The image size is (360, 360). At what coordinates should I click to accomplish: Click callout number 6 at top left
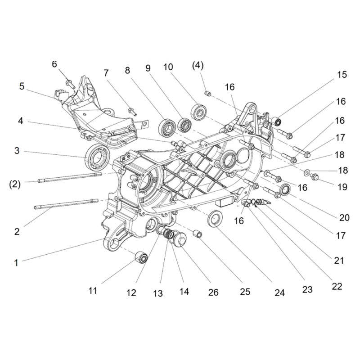(x=54, y=64)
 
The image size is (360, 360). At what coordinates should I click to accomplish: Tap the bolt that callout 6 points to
(x=70, y=84)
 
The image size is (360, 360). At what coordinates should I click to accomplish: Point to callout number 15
(x=342, y=75)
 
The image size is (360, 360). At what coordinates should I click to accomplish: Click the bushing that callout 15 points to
(x=277, y=121)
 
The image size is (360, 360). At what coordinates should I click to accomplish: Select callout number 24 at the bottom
(x=279, y=292)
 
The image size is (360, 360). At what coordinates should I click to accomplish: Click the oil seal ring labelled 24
(x=215, y=218)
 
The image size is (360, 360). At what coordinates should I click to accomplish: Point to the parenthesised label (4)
(x=198, y=66)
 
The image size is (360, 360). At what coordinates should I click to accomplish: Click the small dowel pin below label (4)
(x=208, y=94)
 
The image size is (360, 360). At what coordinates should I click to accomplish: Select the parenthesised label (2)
(x=15, y=184)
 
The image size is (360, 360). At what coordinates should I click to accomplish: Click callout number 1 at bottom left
(x=16, y=263)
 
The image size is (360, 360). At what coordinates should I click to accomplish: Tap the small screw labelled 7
(x=132, y=111)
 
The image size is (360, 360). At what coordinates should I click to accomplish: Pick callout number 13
(x=158, y=293)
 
